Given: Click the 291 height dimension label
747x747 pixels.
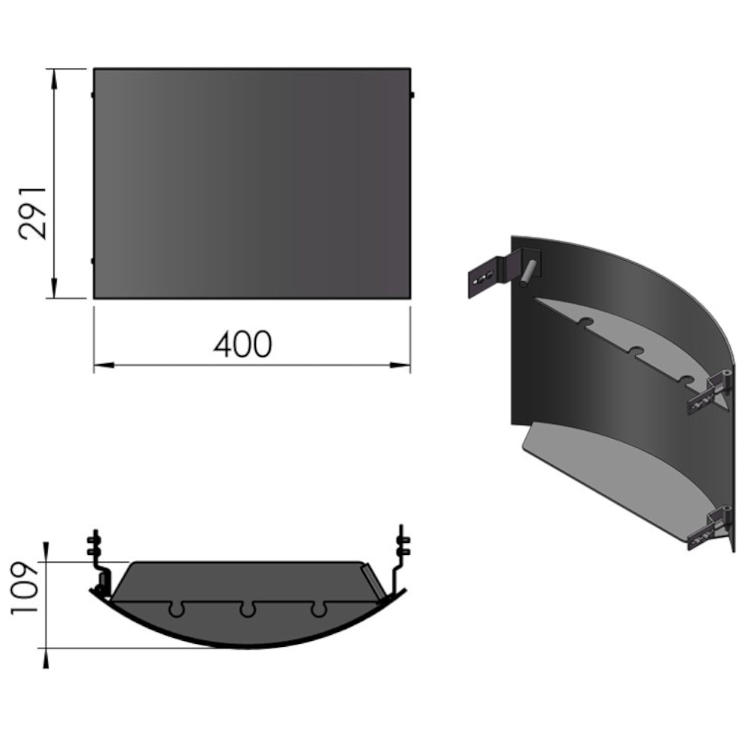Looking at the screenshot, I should point(34,213).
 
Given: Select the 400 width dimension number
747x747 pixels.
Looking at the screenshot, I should point(244,345).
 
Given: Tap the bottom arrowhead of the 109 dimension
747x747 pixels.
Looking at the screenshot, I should point(47,657).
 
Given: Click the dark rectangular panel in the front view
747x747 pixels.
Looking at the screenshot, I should point(252,184).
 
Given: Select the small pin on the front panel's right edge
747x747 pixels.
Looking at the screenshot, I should point(412,95).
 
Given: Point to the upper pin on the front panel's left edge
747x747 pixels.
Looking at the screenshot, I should point(91,95).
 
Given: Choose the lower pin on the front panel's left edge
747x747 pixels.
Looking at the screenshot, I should point(91,261).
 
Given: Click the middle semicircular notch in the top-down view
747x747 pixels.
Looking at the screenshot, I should point(247,610).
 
